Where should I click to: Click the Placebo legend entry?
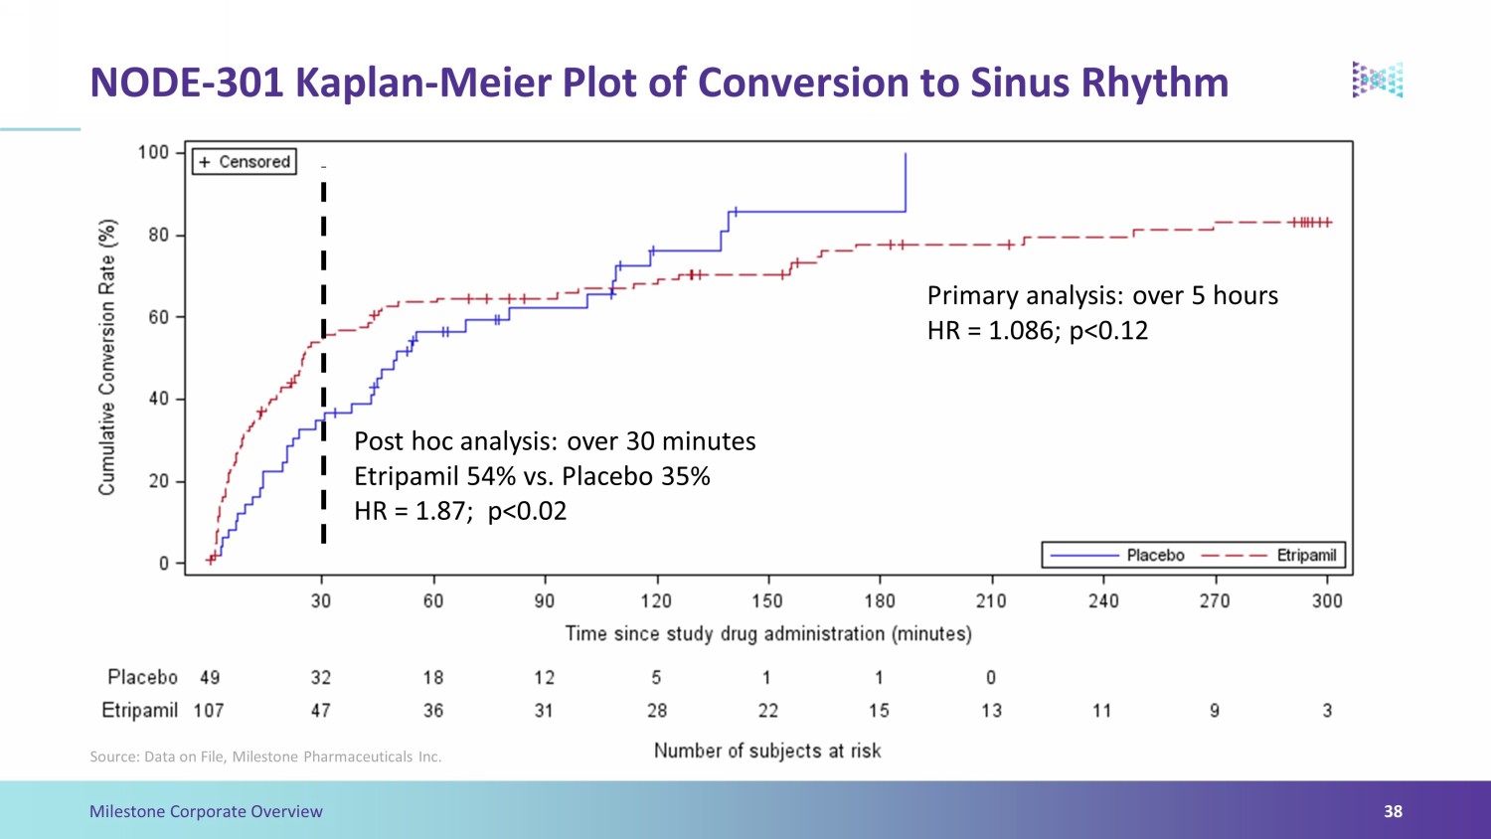[x=1117, y=556]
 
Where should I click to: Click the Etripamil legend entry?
[x=1268, y=556]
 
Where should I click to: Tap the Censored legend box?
[x=245, y=162]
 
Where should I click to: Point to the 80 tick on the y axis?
[x=158, y=235]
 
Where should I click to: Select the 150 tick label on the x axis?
[x=767, y=601]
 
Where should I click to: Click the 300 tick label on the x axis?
[x=1327, y=601]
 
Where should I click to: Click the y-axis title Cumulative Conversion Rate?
[x=107, y=358]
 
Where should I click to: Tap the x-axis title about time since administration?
[x=768, y=633]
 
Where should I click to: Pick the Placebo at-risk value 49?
[x=210, y=678]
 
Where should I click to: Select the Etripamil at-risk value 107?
[x=209, y=711]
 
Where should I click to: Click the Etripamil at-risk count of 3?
[x=1327, y=711]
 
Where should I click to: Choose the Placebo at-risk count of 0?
[x=991, y=678]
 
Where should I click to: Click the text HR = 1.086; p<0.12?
[x=1038, y=331]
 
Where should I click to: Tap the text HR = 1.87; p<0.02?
[x=460, y=511]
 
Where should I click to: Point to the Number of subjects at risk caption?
[x=767, y=752]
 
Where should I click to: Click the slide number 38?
[x=1394, y=811]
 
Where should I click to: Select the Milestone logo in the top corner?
[x=1378, y=80]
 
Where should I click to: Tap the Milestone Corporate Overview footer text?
[x=206, y=812]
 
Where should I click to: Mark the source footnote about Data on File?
[x=265, y=757]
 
